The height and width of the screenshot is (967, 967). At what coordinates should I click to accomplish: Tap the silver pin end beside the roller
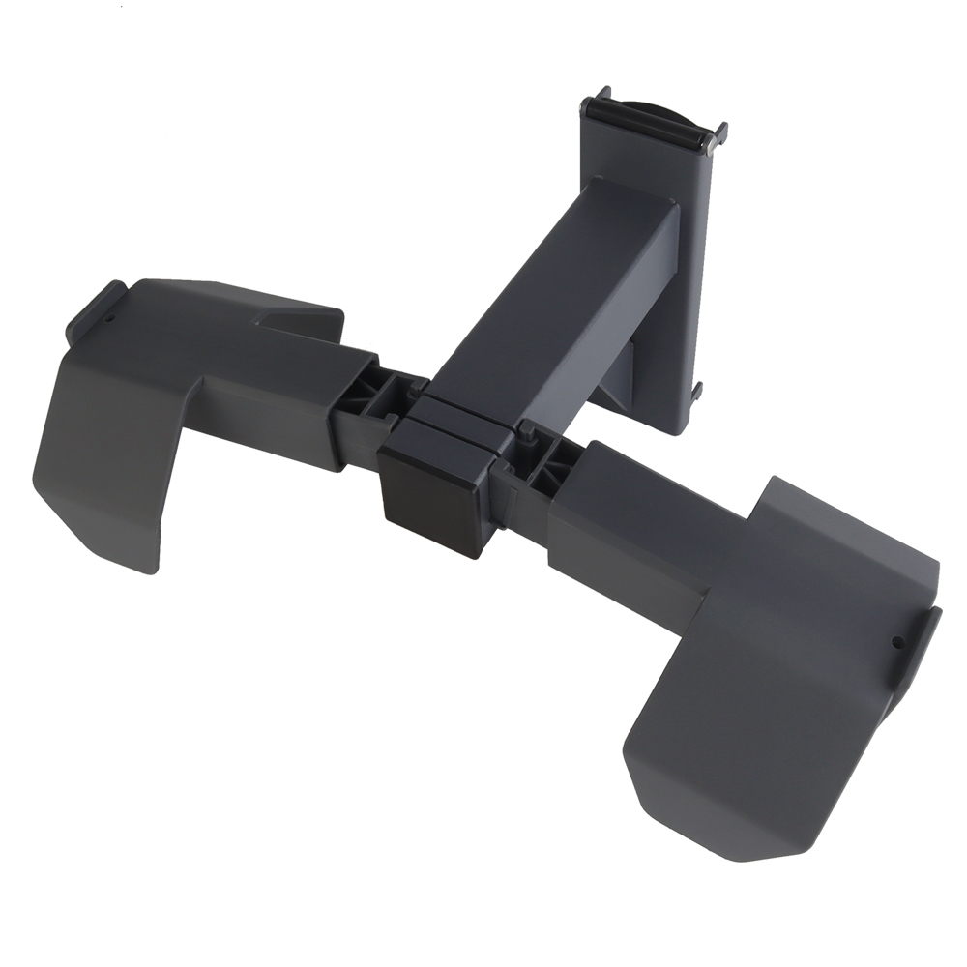713,141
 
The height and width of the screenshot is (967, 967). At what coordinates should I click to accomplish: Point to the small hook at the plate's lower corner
696,391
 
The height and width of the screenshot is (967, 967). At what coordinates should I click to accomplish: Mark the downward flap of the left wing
106,464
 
